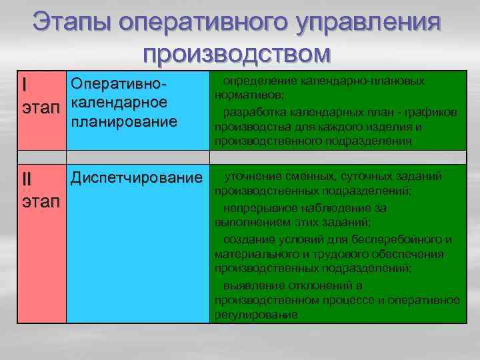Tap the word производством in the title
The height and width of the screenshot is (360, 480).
(x=236, y=53)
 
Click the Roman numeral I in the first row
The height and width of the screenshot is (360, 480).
(x=25, y=85)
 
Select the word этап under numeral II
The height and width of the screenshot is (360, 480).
(x=41, y=201)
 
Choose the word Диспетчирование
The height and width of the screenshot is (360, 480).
(x=136, y=178)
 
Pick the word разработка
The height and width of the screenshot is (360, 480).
(x=254, y=111)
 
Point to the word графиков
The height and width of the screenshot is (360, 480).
(x=433, y=111)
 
